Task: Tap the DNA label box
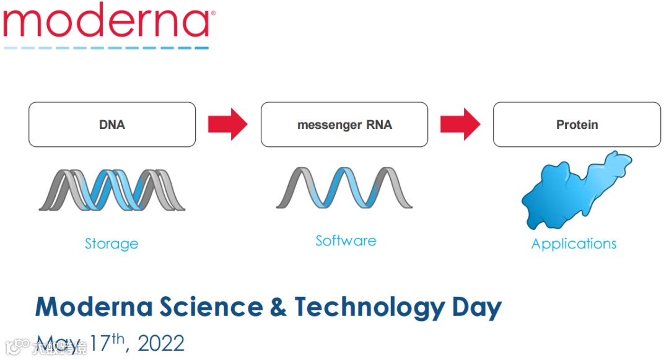pos(112,125)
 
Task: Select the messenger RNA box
pos(344,125)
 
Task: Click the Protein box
pos(577,125)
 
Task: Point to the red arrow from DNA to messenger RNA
pos(227,125)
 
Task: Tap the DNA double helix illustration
pos(112,189)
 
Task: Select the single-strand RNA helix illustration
pos(344,187)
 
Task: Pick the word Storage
pos(111,244)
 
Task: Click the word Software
pos(346,240)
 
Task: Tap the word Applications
pos(574,244)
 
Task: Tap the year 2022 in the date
pos(161,343)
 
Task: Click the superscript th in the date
pos(120,338)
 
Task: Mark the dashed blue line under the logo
pos(105,47)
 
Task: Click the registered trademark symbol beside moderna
pos(213,13)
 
